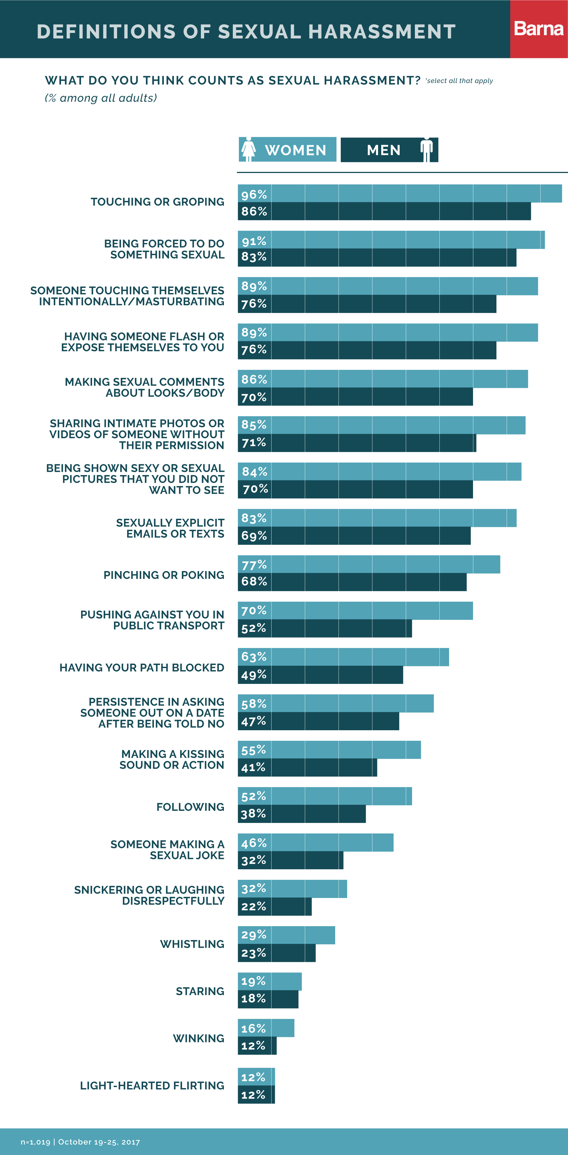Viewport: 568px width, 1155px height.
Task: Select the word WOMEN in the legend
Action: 296,150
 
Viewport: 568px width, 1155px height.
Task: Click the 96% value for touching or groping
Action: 254,195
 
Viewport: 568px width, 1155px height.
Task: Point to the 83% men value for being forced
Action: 254,257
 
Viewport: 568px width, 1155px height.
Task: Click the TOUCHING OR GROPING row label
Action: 157,202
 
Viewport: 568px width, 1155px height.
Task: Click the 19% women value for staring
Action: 254,981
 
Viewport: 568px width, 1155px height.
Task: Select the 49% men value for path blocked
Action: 254,675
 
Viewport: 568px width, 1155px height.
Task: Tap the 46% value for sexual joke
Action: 254,843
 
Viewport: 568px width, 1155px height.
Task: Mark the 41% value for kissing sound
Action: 254,768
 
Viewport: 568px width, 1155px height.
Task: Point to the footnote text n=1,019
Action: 36,1142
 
